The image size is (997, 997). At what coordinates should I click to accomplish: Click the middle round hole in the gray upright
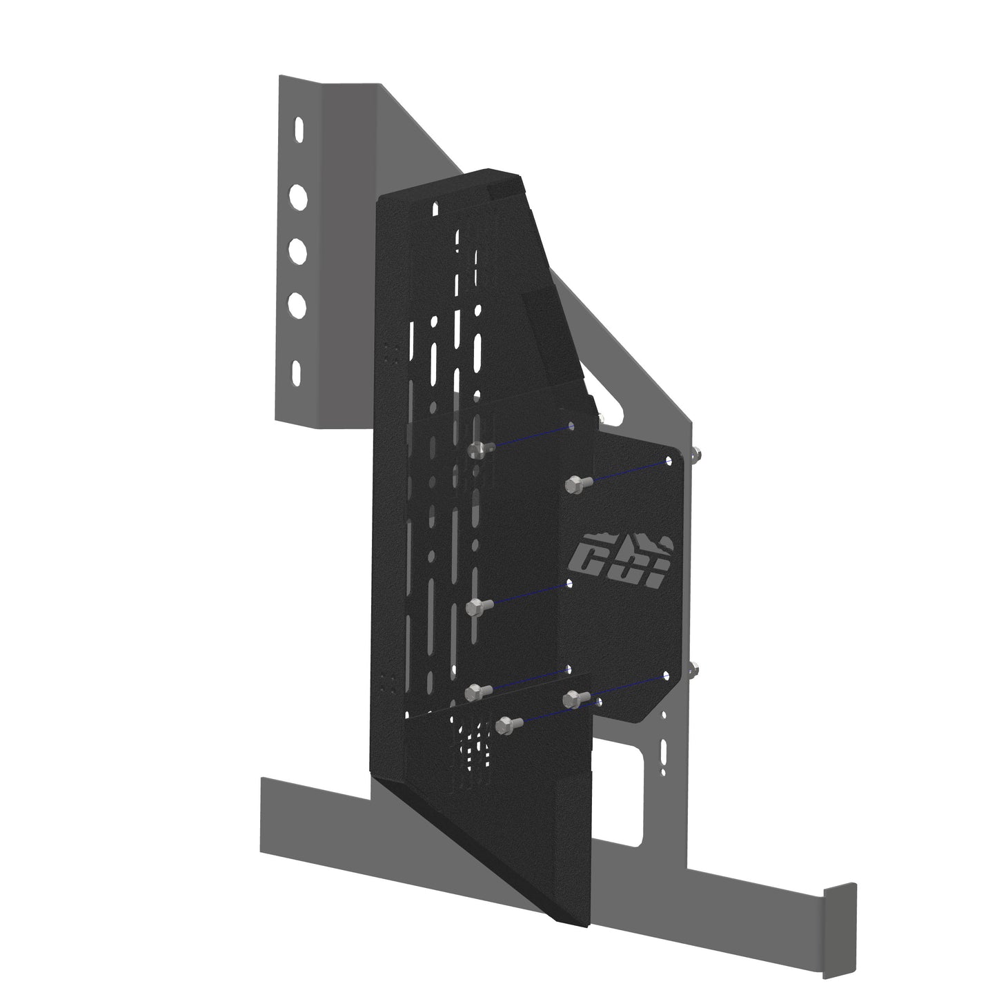[x=297, y=251]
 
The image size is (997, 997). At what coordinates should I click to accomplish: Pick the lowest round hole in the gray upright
[x=297, y=304]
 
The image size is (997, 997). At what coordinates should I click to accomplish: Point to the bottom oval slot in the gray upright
[x=297, y=373]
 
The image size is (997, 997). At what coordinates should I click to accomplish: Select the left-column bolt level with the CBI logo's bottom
[x=475, y=608]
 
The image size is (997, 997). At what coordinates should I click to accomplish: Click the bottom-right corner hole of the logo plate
[x=668, y=675]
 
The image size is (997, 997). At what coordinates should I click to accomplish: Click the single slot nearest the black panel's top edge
[x=435, y=208]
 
